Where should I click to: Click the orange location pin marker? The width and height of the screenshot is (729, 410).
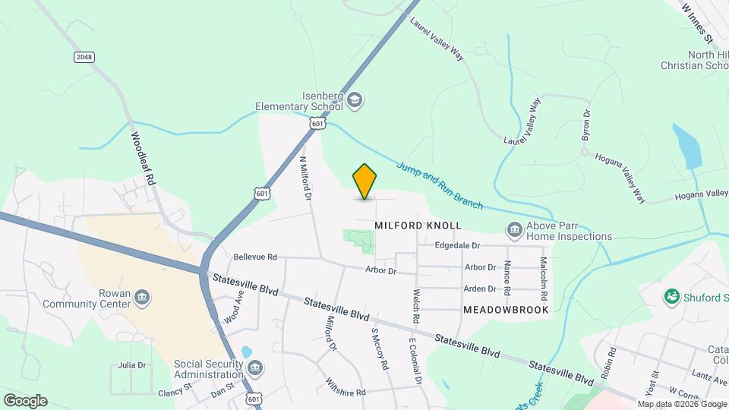[364, 181]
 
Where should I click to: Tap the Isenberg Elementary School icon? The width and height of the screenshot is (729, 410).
[355, 99]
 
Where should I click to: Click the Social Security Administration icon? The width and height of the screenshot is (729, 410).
[256, 369]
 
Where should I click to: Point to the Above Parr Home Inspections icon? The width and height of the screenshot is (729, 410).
[514, 229]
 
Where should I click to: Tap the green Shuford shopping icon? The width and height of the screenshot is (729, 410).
[671, 297]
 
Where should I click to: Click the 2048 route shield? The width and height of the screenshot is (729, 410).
[84, 57]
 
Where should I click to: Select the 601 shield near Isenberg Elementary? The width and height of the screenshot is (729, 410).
[318, 123]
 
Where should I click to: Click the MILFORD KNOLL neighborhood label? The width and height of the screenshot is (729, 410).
[418, 225]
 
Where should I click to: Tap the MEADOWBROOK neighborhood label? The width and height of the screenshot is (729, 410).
[505, 310]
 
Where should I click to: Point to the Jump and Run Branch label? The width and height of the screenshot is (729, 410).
[440, 185]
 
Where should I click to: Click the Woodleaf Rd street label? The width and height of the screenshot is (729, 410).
[143, 159]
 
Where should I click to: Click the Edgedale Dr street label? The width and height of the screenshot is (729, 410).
[458, 245]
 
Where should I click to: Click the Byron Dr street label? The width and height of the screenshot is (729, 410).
[586, 122]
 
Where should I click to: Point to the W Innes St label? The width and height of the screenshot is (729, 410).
[699, 21]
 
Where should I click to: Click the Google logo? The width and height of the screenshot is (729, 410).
[24, 401]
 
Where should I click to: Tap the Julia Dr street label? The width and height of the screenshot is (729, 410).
[131, 365]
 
